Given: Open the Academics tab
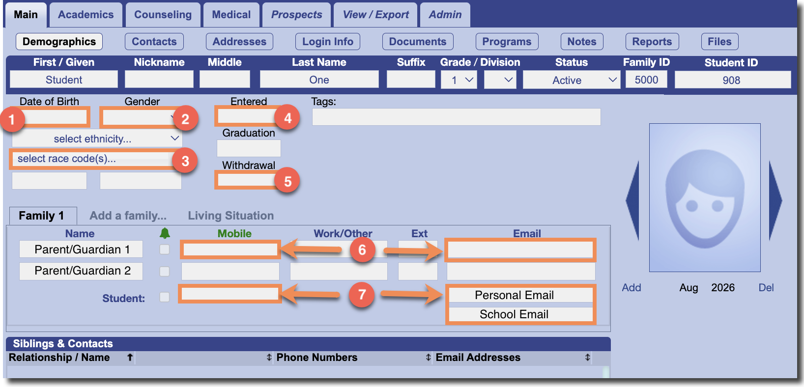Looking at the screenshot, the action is pyautogui.click(x=86, y=15).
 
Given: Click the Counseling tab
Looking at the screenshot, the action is pyautogui.click(x=163, y=15).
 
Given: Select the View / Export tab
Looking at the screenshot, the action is pyautogui.click(x=375, y=15).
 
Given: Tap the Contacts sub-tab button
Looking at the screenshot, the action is pyautogui.click(x=154, y=42).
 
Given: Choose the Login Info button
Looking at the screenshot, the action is pyautogui.click(x=328, y=42).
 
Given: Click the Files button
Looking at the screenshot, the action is pyautogui.click(x=719, y=42).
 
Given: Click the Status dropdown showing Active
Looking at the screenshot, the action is pyautogui.click(x=572, y=80).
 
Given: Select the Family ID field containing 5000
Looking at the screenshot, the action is pyautogui.click(x=646, y=80).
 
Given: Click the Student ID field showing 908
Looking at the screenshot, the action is pyautogui.click(x=733, y=80).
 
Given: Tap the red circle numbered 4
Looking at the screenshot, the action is pyautogui.click(x=287, y=118).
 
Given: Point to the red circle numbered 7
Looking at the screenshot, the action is pyautogui.click(x=362, y=295).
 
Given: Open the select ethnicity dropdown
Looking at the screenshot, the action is pyautogui.click(x=97, y=138).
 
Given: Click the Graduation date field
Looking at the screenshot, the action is pyautogui.click(x=249, y=148).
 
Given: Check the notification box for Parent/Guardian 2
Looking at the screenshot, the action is pyautogui.click(x=165, y=271).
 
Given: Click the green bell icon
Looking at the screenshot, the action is pyautogui.click(x=165, y=233).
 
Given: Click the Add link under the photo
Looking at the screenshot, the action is pyautogui.click(x=632, y=287).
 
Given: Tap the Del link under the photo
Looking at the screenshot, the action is pyautogui.click(x=766, y=287).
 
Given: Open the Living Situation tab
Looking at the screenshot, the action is pyautogui.click(x=231, y=216).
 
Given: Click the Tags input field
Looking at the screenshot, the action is pyautogui.click(x=456, y=117).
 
